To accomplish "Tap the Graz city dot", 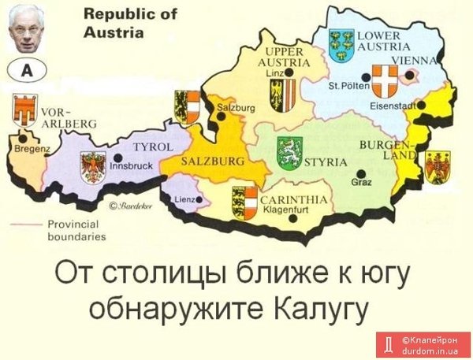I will [360, 173].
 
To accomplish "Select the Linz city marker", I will [289, 72].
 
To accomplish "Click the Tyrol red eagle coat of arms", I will [93, 168].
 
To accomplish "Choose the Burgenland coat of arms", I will [437, 166].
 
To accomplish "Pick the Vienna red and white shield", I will [385, 80].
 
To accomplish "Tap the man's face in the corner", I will [26, 29].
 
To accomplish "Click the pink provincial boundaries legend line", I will [30, 224].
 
